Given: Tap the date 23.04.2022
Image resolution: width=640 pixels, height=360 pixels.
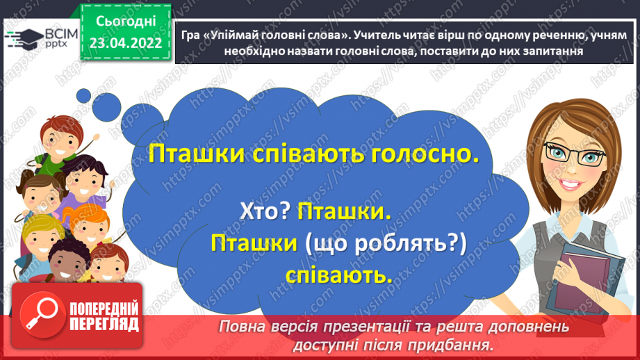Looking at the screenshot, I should tap(126, 43).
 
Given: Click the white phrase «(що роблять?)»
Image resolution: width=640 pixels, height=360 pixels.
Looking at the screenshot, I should tap(386, 243).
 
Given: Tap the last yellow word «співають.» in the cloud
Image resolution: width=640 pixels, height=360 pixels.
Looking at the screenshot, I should tap(338, 275).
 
